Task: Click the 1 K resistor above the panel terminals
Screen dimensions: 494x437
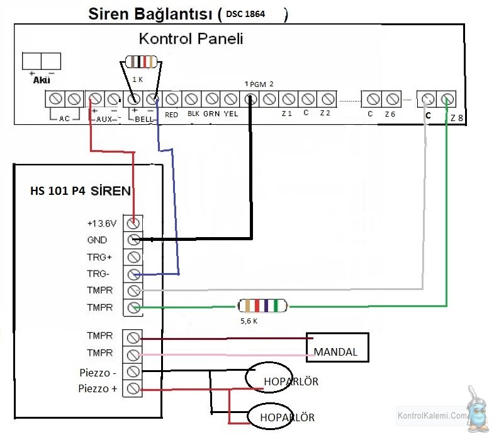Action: click(141, 62)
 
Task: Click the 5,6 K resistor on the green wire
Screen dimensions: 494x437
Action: click(262, 306)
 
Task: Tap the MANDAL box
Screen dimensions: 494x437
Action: click(337, 347)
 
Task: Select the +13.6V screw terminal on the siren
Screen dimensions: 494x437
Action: click(133, 224)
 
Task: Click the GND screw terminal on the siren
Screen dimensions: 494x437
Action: click(133, 240)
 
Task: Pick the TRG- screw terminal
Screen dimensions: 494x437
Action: click(133, 274)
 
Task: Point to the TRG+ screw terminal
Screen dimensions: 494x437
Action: click(133, 257)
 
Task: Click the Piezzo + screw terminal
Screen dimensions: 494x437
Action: click(133, 388)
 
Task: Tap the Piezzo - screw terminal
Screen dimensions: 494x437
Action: click(133, 372)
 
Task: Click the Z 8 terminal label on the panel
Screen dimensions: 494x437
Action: click(456, 118)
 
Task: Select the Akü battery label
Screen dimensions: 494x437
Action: click(42, 80)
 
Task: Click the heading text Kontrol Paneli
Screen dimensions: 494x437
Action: click(191, 38)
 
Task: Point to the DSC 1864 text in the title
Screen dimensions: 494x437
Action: click(245, 14)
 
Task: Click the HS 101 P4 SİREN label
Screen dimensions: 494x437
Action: click(81, 190)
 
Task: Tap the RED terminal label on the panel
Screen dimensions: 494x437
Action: click(171, 115)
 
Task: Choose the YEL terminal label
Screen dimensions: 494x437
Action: click(231, 114)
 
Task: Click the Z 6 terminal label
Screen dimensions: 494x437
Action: click(390, 114)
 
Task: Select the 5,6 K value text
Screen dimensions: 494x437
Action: click(249, 321)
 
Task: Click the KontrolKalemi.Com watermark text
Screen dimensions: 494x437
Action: click(432, 416)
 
